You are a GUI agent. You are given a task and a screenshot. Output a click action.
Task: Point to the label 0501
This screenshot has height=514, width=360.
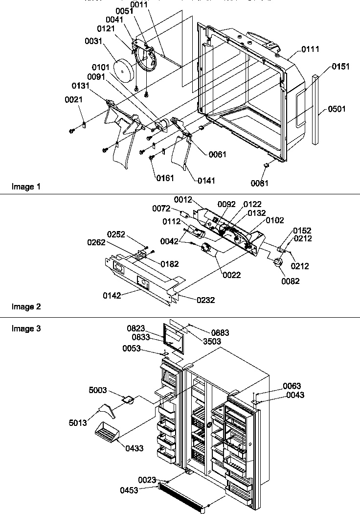[337, 109]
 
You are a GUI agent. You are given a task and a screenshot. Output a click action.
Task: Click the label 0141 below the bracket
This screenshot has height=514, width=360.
[206, 180]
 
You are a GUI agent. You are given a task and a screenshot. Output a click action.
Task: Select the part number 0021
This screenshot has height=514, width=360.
[74, 99]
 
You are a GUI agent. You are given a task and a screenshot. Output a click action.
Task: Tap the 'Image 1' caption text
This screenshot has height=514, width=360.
[23, 187]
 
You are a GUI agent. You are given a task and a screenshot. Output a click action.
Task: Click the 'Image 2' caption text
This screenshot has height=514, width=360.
[23, 307]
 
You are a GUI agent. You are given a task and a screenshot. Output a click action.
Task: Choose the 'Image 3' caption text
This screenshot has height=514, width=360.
[23, 328]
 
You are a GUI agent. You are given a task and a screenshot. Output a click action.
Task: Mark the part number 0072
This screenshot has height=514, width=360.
[161, 209]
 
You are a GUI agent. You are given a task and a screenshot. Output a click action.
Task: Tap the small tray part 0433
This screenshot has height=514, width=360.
[107, 431]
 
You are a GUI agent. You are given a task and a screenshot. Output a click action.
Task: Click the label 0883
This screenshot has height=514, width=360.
[220, 333]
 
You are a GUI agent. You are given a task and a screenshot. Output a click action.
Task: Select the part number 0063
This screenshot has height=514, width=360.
[292, 386]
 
